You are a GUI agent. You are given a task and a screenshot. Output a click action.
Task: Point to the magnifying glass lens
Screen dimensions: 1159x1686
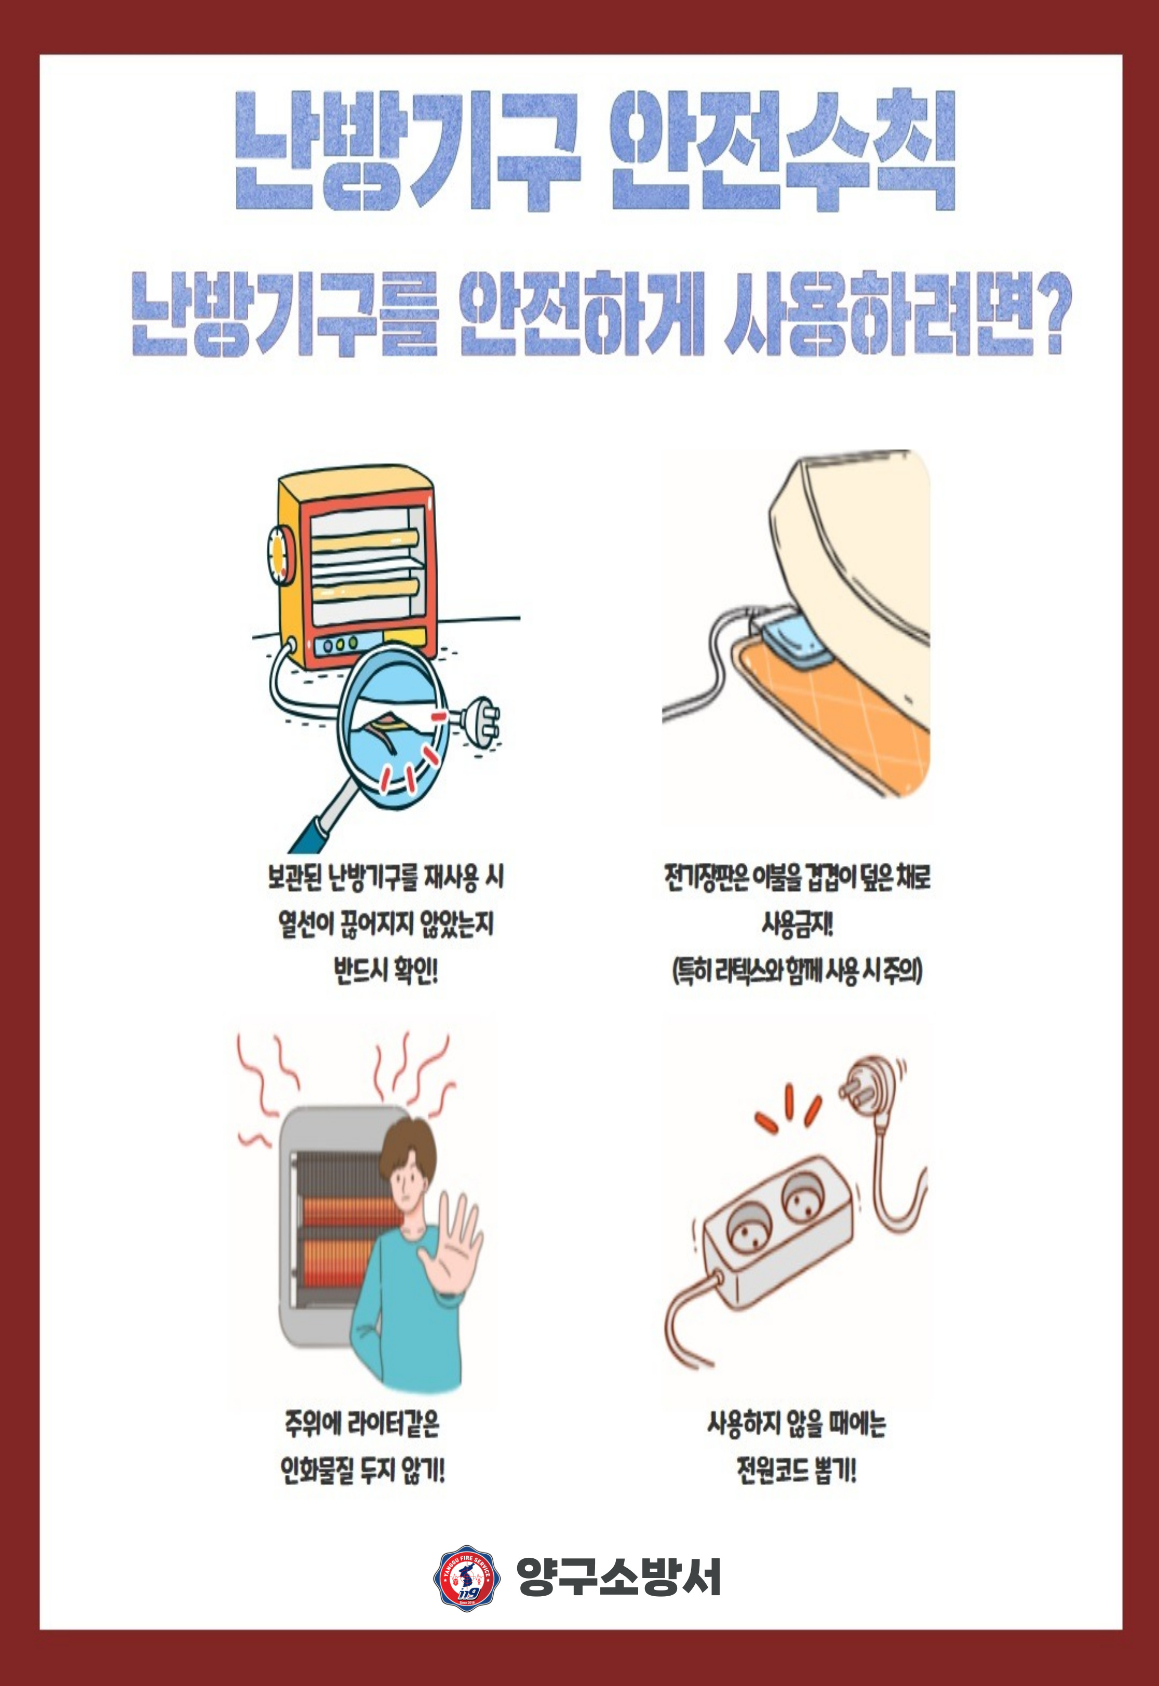[x=394, y=729]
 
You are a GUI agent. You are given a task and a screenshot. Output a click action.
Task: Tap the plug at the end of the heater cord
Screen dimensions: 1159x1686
[x=476, y=724]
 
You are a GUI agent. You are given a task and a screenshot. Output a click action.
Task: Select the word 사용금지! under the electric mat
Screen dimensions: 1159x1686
[x=797, y=924]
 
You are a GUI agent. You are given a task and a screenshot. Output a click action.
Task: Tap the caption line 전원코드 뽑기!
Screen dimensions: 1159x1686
[x=797, y=1472]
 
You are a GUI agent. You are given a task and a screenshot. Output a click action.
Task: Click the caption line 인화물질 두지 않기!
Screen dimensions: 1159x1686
[x=362, y=1472]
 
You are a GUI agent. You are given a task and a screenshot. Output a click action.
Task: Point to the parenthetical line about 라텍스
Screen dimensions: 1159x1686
[x=797, y=971]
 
